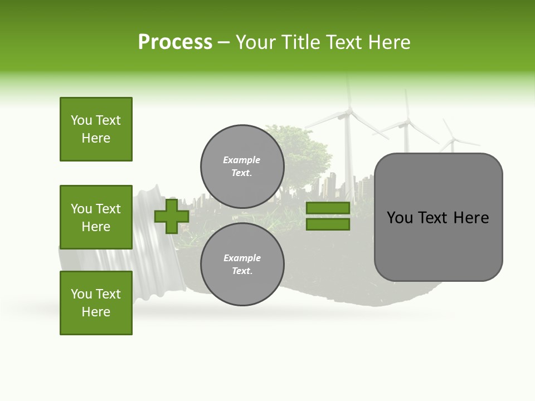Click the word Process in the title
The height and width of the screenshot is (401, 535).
click(175, 42)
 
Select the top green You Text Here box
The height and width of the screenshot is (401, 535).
click(96, 129)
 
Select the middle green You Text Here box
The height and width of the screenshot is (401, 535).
click(96, 217)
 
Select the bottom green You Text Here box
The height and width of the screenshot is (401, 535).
click(96, 302)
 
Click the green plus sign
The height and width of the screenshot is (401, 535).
click(172, 217)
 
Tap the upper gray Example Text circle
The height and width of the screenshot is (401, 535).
click(242, 166)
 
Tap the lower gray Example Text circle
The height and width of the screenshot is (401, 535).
click(242, 264)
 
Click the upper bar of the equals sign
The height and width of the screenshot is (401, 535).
click(328, 208)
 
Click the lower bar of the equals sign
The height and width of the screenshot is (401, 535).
click(328, 224)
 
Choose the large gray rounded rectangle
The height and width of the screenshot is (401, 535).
click(438, 217)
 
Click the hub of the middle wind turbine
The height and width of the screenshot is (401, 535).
click(408, 122)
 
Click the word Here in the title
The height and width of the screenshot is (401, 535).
click(389, 42)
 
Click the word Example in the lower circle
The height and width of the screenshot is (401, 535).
click(242, 258)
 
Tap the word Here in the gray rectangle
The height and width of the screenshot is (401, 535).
click(471, 218)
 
